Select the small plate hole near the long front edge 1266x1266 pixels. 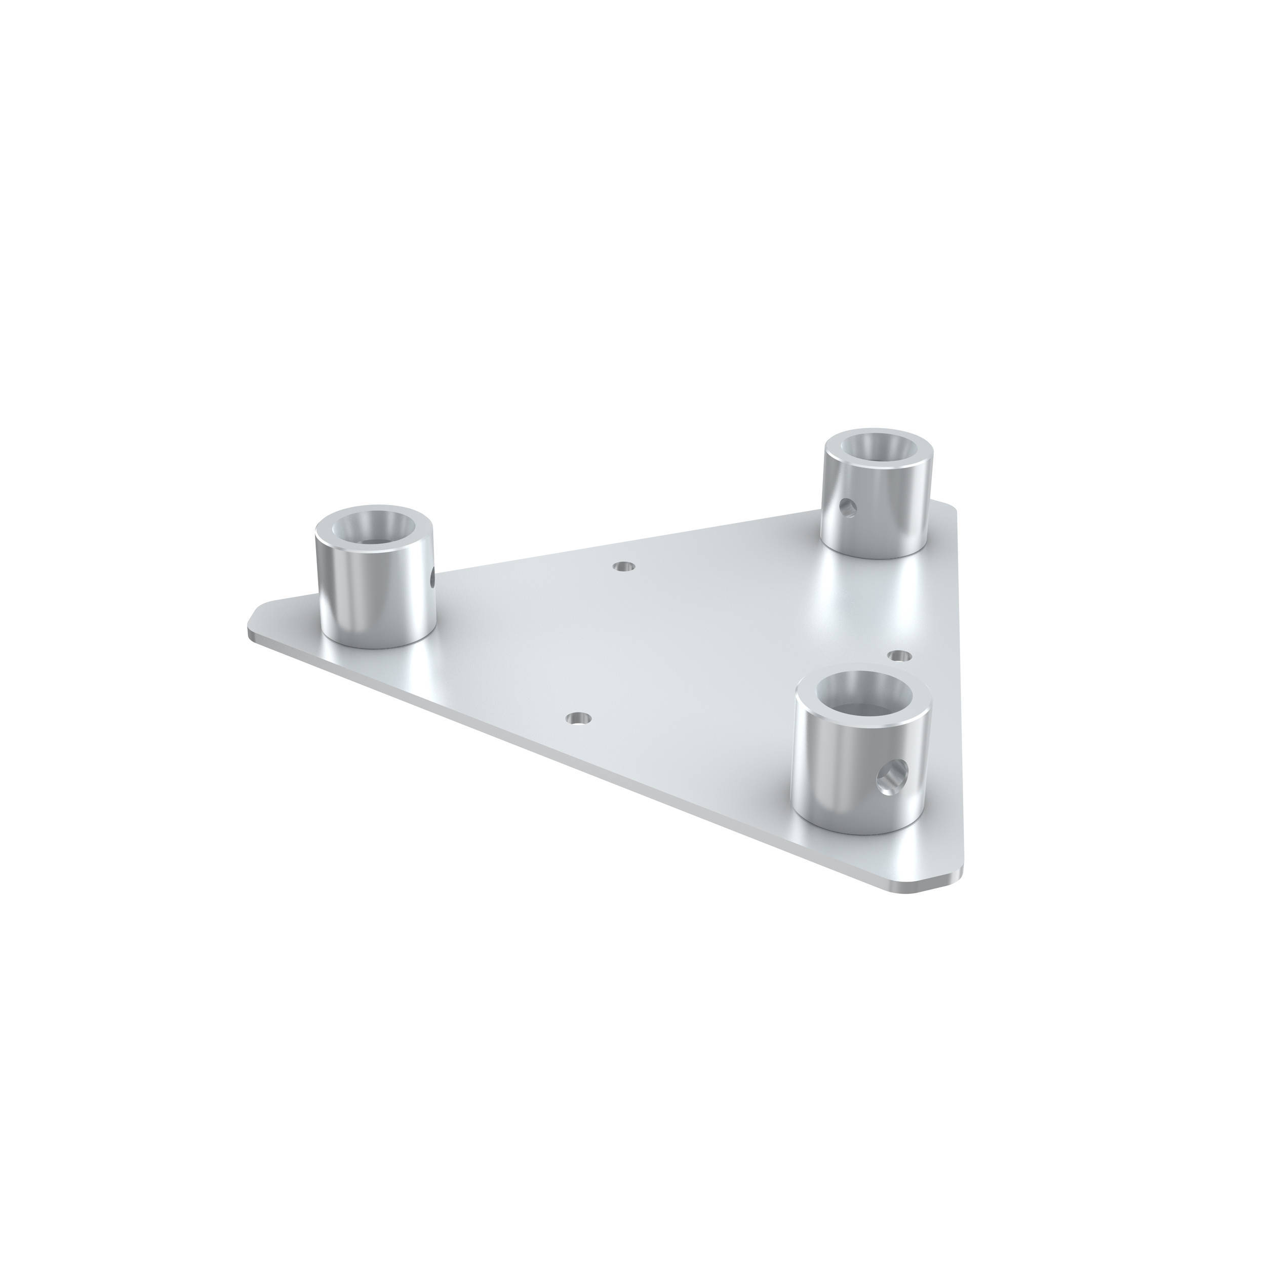[577, 718]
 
